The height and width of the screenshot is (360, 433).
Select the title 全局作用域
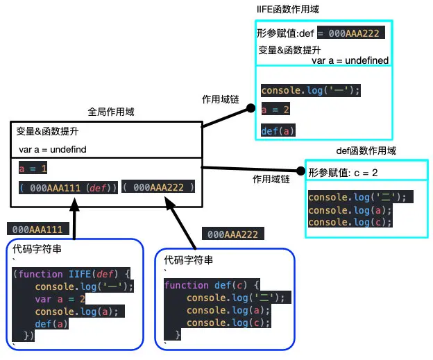click(x=110, y=112)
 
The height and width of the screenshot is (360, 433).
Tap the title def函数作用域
click(x=366, y=151)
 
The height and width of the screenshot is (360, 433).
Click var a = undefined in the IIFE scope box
click(x=350, y=60)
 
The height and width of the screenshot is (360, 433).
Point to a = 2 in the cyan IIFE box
click(x=275, y=110)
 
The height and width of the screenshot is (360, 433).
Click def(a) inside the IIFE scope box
click(x=278, y=130)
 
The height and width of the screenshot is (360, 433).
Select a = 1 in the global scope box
click(x=33, y=169)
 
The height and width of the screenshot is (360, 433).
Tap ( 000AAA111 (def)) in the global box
click(x=68, y=188)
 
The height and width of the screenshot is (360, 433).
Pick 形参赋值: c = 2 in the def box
click(x=343, y=171)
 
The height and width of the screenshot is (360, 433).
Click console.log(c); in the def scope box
click(x=350, y=222)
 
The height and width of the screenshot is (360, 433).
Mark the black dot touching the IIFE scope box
click(x=251, y=109)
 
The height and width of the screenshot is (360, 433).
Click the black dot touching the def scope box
click(x=301, y=171)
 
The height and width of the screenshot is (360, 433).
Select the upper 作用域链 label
click(x=220, y=98)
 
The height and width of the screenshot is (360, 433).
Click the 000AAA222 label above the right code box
click(x=232, y=234)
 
